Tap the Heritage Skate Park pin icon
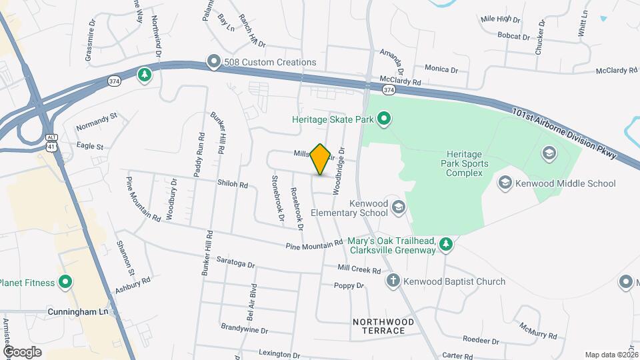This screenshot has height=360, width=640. coord(384,120)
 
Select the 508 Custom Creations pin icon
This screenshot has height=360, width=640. coord(213,62)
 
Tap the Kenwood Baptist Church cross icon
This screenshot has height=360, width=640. coord(394,281)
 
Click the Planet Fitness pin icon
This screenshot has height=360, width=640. coord(65,283)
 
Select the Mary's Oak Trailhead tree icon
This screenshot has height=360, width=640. coord(447,245)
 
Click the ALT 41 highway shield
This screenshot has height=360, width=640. coord(51,141)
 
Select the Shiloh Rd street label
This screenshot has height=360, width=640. coord(232,184)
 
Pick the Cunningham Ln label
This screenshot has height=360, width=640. coord(78,311)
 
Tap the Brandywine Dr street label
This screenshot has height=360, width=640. coord(245,330)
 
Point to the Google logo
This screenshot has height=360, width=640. coord(22,351)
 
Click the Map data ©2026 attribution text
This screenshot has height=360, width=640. coord(611,355)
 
